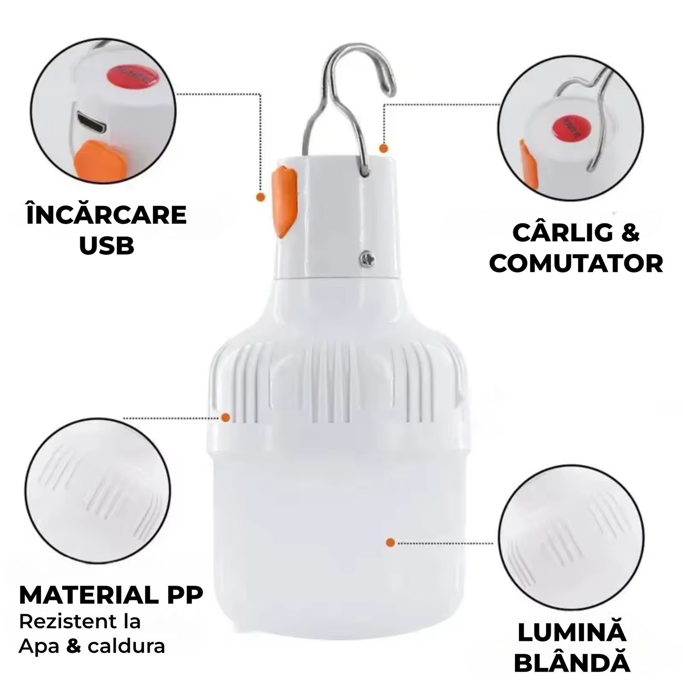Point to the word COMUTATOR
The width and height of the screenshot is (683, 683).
pyautogui.click(x=576, y=263)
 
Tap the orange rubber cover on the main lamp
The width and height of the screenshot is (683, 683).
pyautogui.click(x=284, y=202)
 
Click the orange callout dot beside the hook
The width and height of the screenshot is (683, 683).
pyautogui.click(x=384, y=148)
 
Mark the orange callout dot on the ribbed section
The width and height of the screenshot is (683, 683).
pyautogui.click(x=225, y=418)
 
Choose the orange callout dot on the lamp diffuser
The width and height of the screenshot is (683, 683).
pyautogui.click(x=390, y=552)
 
